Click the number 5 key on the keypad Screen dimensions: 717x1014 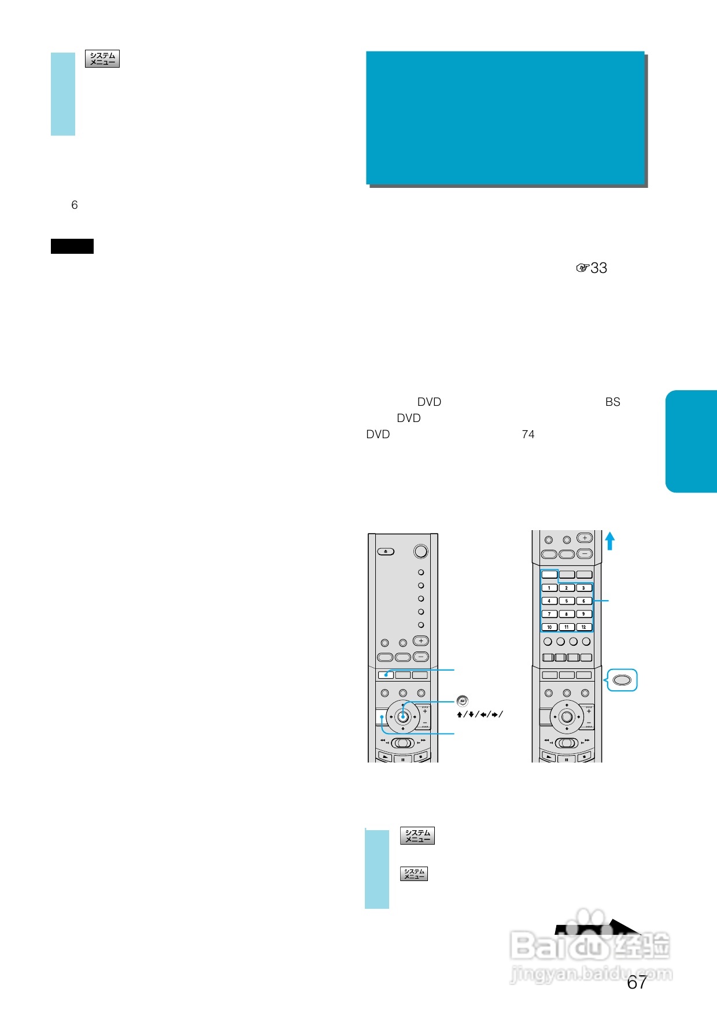pyautogui.click(x=566, y=601)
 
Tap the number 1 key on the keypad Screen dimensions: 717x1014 pyautogui.click(x=549, y=588)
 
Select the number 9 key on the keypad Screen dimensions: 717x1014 pyautogui.click(x=583, y=614)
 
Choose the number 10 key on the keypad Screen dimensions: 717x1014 pyautogui.click(x=549, y=627)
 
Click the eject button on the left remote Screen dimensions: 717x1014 pyautogui.click(x=386, y=552)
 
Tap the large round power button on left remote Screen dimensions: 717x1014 pyautogui.click(x=421, y=552)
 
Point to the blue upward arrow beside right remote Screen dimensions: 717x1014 pyautogui.click(x=609, y=541)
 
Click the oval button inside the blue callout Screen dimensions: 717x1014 pyautogui.click(x=622, y=680)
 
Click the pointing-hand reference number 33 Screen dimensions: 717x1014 pyautogui.click(x=592, y=268)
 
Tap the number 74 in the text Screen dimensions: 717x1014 pyautogui.click(x=528, y=434)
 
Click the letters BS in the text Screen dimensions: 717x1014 pyautogui.click(x=612, y=402)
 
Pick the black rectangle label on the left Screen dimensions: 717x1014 pyautogui.click(x=72, y=246)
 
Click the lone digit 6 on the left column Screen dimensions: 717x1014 pyautogui.click(x=74, y=205)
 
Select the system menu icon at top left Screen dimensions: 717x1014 pyautogui.click(x=102, y=59)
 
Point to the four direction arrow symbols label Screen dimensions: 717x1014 pyautogui.click(x=479, y=715)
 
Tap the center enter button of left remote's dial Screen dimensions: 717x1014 pyautogui.click(x=403, y=717)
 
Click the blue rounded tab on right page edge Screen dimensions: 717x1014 pyautogui.click(x=692, y=441)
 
